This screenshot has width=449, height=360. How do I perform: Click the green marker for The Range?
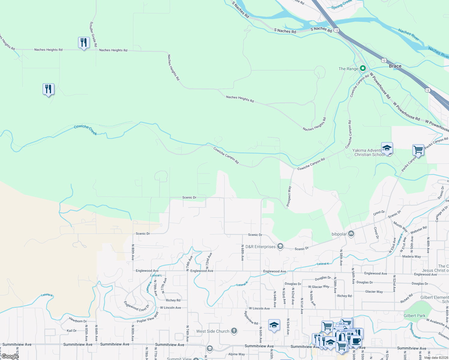pos(363,69)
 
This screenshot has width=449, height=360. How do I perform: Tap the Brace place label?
pos(395,66)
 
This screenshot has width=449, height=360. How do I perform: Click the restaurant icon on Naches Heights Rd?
pos(84,43)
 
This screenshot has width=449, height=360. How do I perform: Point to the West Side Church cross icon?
pos(234,331)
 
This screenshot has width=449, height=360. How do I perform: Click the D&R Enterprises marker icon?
pos(280,247)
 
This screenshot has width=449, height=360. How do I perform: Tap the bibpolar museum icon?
pos(351,234)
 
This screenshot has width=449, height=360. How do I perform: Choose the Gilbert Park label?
pos(414,316)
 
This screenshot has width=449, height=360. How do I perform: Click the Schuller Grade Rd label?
pos(93,34)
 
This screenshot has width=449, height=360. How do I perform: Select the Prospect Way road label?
pos(289,196)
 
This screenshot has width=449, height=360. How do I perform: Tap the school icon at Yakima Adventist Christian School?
pos(387,148)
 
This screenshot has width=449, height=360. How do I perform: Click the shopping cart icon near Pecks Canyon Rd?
pos(418,149)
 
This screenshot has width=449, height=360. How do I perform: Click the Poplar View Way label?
pos(148,317)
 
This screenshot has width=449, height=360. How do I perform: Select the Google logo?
pos(10,356)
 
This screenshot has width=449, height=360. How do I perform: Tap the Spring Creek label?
pos(342,4)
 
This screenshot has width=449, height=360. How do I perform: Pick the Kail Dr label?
pos(72,331)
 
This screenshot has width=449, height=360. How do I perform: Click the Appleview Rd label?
pos(251,318)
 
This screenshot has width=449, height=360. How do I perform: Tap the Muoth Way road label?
pos(401,227)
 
